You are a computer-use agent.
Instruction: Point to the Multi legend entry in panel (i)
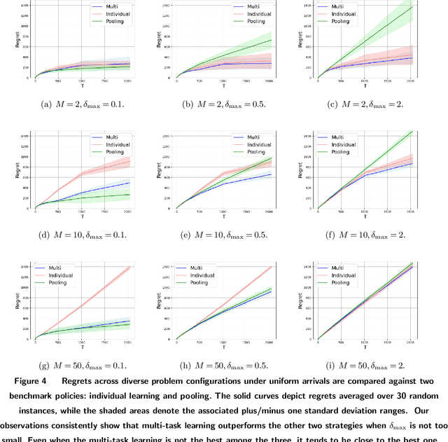(343, 268)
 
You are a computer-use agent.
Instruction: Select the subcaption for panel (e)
(225, 235)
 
